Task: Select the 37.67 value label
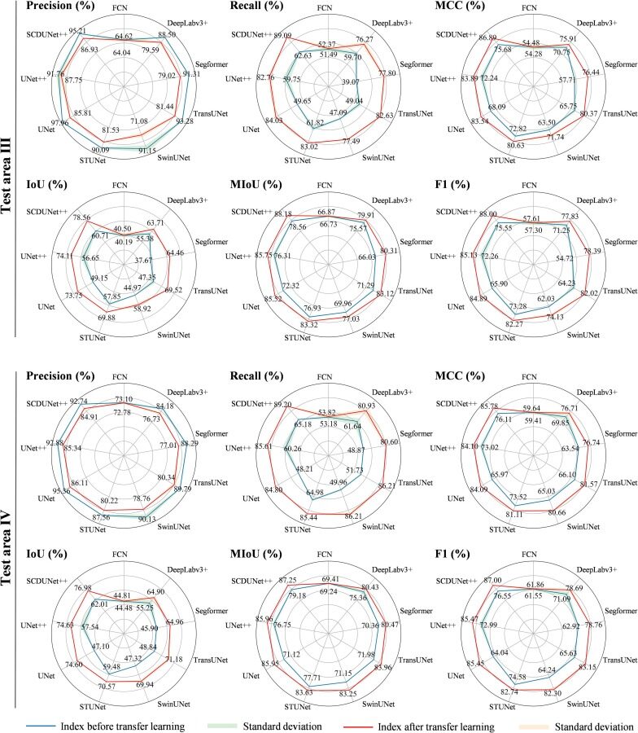pos(144,260)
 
